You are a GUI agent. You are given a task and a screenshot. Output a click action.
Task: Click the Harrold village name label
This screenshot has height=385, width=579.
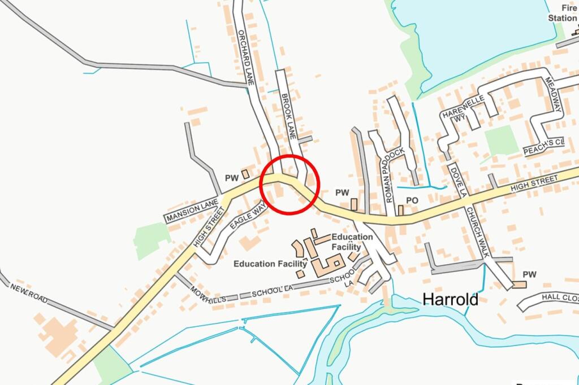tap(450, 299)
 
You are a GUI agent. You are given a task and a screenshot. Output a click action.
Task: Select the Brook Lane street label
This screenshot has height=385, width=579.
tap(288, 116)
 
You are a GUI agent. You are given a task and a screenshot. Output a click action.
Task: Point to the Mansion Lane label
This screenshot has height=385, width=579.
tap(192, 211)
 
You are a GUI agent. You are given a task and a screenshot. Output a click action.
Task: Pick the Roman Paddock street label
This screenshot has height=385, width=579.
tap(395, 175)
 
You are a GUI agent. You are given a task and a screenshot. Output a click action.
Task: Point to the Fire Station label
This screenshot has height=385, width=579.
tap(562, 13)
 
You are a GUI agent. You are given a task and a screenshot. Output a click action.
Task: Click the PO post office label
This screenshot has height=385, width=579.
tap(412, 200)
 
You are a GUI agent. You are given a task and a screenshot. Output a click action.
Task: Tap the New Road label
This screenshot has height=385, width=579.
tap(28, 293)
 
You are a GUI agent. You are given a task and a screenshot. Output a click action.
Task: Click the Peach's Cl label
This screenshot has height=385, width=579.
tap(543, 147)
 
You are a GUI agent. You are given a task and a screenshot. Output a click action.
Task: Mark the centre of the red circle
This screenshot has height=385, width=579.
tap(291, 184)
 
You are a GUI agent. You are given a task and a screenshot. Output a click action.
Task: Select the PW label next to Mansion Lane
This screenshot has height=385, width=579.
tap(232, 178)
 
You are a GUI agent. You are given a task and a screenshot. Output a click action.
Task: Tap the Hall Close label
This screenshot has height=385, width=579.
tap(560, 297)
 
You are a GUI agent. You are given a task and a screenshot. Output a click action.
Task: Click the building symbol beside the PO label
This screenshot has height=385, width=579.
tap(400, 210)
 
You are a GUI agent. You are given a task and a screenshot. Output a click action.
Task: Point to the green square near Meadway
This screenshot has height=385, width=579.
tap(501, 140)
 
